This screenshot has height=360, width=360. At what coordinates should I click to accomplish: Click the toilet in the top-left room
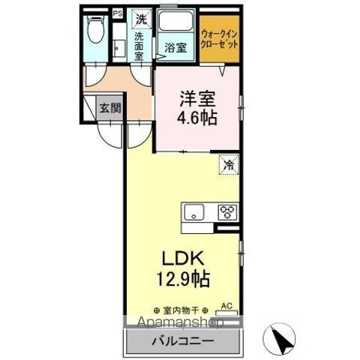(x=94, y=31)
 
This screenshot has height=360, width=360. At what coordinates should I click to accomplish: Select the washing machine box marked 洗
(x=139, y=17)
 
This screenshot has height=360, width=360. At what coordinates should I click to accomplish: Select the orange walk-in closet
(x=220, y=37)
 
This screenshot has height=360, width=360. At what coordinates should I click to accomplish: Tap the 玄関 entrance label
(x=109, y=108)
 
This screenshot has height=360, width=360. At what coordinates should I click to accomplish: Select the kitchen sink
(x=193, y=211)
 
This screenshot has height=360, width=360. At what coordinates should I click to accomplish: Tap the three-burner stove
(x=226, y=211)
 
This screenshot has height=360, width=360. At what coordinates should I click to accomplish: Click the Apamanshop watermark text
(x=175, y=323)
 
